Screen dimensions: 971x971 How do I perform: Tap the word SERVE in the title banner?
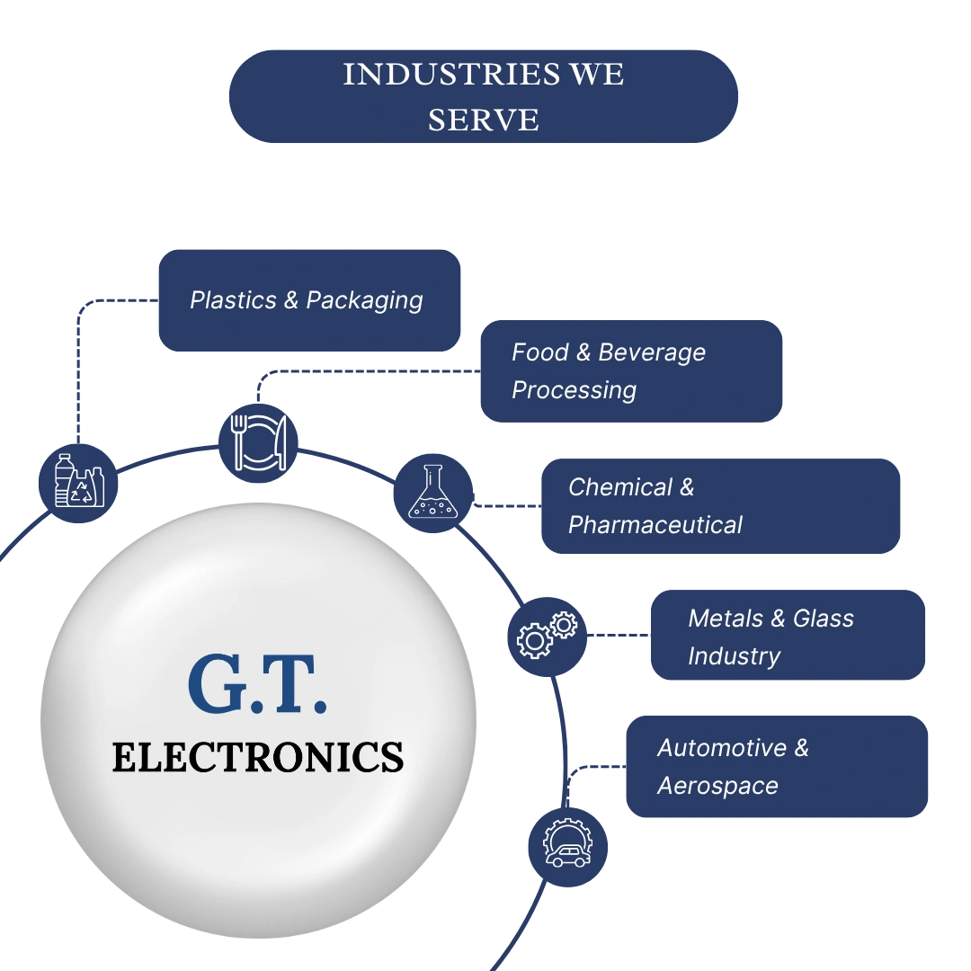(484, 120)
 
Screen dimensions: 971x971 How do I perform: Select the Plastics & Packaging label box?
(309, 300)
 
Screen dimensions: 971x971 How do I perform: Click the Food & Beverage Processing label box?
(631, 371)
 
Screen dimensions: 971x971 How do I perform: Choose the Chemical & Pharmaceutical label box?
(720, 506)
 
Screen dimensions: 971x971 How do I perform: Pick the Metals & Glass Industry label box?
(788, 635)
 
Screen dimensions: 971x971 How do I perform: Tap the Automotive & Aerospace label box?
(777, 767)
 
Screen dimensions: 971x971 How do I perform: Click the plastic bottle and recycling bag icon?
(78, 483)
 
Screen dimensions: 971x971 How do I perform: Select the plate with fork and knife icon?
(258, 442)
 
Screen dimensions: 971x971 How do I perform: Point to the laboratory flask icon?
(433, 493)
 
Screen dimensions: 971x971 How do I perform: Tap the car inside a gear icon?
(568, 847)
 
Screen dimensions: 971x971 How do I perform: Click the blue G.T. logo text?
(257, 683)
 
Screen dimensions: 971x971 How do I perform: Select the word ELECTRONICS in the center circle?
(258, 757)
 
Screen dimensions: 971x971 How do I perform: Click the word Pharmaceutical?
(655, 526)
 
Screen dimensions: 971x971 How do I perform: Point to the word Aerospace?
(717, 787)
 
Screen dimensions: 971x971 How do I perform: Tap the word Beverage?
(652, 353)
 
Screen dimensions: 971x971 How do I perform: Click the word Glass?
(823, 619)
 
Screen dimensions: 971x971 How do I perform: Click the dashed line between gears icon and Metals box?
(619, 635)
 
